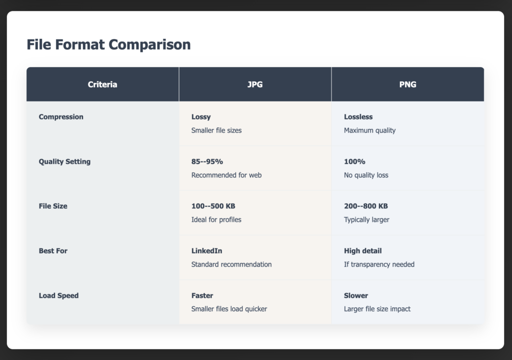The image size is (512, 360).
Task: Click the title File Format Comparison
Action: (108, 44)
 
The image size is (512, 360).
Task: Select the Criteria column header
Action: (102, 84)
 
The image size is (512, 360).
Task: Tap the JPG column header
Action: (255, 84)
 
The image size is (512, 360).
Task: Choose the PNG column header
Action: (407, 84)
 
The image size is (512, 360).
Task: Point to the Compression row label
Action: (61, 117)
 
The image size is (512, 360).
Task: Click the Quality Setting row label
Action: (64, 161)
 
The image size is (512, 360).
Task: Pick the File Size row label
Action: (53, 206)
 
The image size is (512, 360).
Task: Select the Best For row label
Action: (53, 250)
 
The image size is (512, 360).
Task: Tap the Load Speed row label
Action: (58, 295)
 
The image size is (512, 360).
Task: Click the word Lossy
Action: (201, 117)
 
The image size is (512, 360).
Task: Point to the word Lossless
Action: (358, 117)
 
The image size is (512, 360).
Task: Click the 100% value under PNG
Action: (354, 161)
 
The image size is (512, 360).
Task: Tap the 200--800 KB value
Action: (366, 206)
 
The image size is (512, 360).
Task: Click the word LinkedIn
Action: (206, 250)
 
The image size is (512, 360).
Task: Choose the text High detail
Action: (363, 250)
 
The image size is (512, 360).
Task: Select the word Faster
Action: (202, 295)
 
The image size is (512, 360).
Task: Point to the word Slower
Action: (356, 295)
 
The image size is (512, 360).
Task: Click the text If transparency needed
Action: (379, 264)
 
